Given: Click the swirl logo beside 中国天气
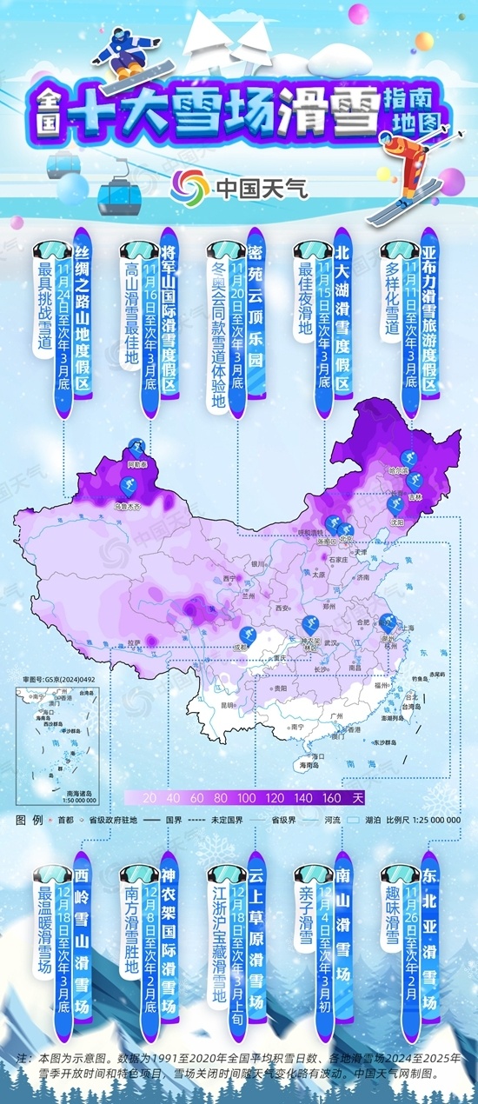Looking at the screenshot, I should click(189, 185).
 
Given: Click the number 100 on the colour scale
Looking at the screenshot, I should click(246, 796).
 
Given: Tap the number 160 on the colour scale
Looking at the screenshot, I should click(331, 796).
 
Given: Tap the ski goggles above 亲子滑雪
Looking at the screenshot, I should click(313, 873).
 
